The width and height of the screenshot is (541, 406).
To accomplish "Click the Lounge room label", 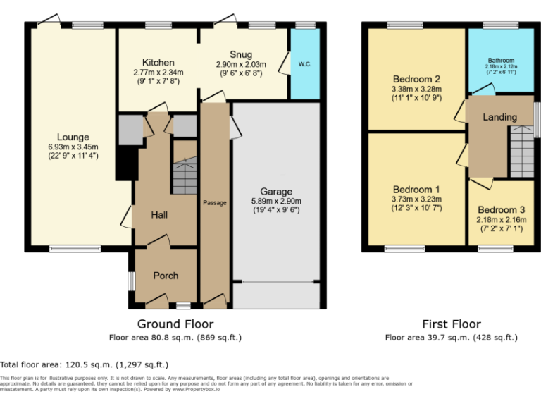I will [x=73, y=137].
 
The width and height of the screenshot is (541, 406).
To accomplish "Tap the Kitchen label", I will [x=158, y=63].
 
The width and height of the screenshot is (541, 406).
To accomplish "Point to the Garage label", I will [x=276, y=191].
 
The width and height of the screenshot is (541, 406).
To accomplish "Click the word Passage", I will [x=215, y=203].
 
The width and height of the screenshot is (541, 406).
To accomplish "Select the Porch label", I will [x=166, y=276].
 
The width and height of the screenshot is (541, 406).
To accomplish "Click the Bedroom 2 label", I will [x=416, y=79].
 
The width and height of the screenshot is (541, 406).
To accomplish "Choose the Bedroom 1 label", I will [x=416, y=190].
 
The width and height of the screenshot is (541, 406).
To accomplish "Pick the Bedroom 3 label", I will [x=501, y=210].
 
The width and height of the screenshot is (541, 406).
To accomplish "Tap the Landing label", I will [x=499, y=117].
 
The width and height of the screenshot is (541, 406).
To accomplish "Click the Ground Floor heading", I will [x=175, y=324].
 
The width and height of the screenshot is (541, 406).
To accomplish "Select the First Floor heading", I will [x=452, y=324].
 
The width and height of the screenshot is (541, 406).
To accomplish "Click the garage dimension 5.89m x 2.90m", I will [x=276, y=201].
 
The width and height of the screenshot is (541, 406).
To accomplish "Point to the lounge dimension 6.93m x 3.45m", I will [x=73, y=147].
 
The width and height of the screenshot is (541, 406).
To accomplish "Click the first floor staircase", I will [x=522, y=151].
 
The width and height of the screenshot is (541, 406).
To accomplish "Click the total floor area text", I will [x=84, y=364].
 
